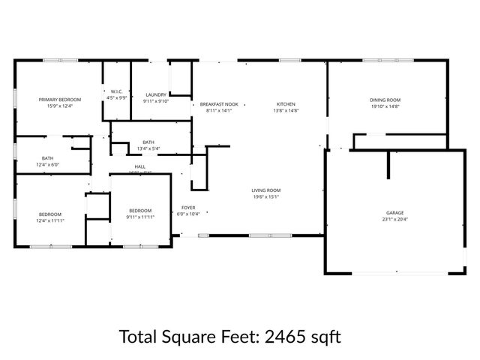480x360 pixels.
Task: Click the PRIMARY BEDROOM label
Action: pos(60,99)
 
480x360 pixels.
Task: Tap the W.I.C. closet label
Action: pos(116,91)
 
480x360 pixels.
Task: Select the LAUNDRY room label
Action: pos(156,94)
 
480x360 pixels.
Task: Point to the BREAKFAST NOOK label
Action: pos(219,104)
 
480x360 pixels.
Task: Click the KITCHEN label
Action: pos(286,104)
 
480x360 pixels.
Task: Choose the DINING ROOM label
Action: pos(385,100)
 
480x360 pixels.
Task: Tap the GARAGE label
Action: pos(394,213)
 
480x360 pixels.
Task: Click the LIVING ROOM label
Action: pos(265,190)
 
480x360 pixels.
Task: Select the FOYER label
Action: pos(187,207)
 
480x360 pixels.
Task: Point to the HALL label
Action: pos(140,166)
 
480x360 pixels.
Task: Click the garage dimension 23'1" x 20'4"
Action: pos(394,220)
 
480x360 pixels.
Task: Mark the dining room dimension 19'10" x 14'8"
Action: pos(385,106)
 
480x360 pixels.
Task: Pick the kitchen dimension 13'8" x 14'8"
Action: pos(286,111)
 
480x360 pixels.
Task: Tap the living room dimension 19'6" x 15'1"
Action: pos(265,198)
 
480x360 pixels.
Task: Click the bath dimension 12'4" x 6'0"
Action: pos(48,165)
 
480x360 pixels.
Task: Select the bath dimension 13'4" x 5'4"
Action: pos(148,148)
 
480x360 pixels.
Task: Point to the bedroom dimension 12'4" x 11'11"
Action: pos(50,221)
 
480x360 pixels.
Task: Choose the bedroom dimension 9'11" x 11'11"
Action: pos(140,217)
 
